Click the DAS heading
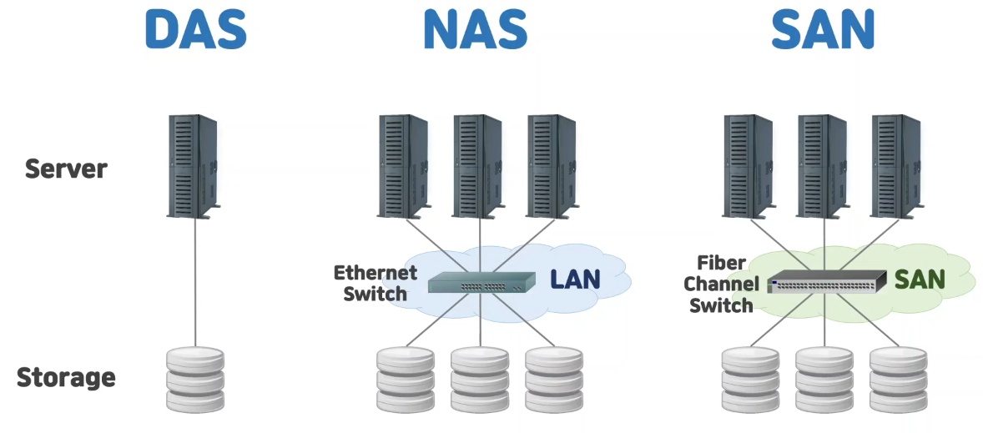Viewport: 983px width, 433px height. pos(195,29)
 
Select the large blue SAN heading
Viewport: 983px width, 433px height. pos(822,29)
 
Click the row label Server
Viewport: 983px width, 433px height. pos(66,169)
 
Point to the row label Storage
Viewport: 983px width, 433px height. pos(66,377)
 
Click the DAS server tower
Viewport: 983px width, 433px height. pos(194,166)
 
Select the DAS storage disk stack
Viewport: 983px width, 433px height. pos(195,380)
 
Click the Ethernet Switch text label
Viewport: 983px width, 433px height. pos(375,283)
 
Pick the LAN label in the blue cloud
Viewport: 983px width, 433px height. pos(575,279)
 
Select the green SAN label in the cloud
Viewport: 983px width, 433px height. pos(920,279)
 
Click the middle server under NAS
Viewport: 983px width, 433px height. pos(478,166)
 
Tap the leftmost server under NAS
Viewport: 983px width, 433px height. pos(404,166)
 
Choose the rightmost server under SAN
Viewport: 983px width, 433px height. pos(895,166)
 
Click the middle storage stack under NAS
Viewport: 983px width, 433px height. pos(480,380)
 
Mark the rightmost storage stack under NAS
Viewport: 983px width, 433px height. pos(554,380)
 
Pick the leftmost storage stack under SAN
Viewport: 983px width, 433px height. pos(750,380)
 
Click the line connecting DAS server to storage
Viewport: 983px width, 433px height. pos(195,284)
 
